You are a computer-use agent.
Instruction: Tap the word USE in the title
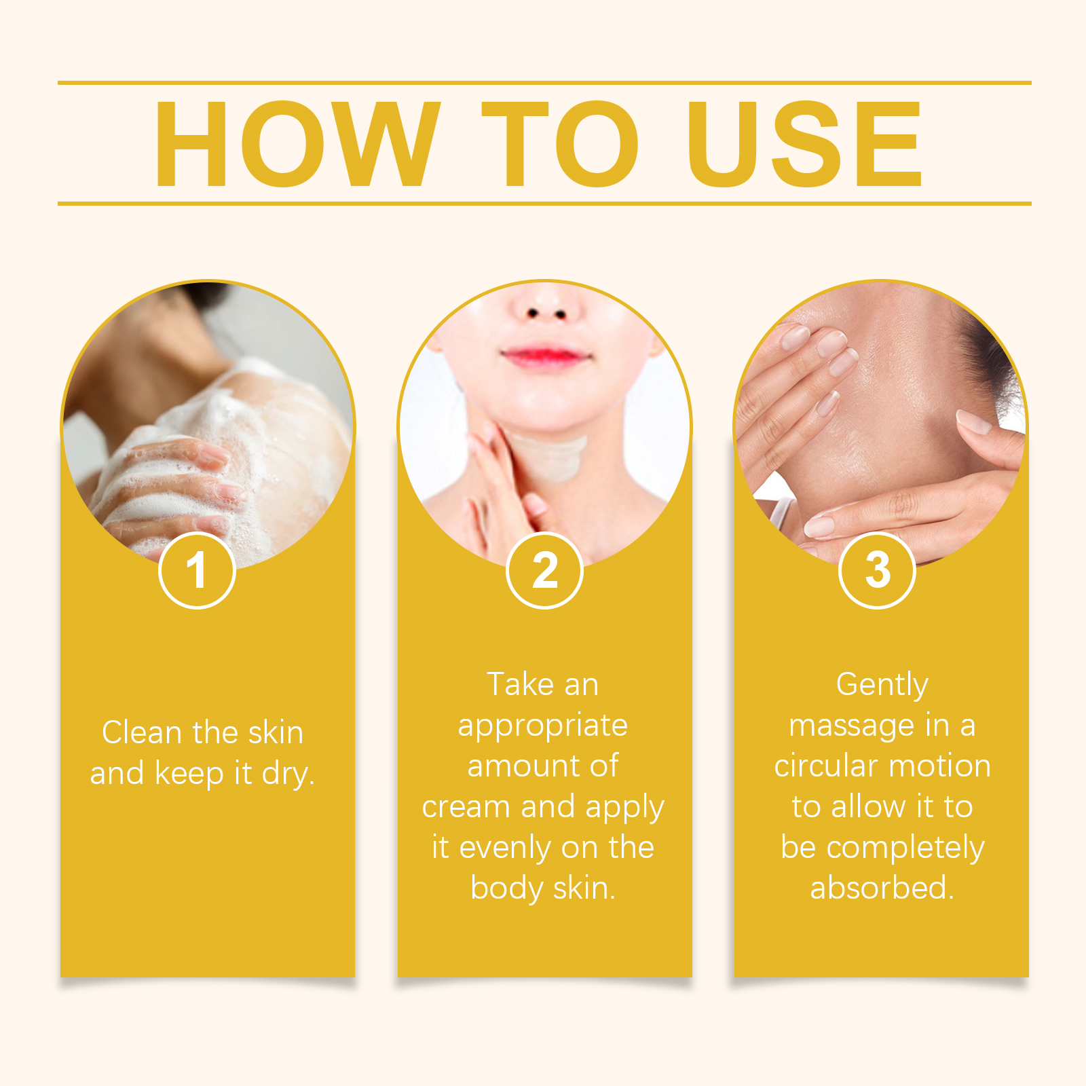805,143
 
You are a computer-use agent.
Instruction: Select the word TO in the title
560,143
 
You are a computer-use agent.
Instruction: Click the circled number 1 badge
197,570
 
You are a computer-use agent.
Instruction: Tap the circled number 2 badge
544,570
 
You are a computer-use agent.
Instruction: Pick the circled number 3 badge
877,570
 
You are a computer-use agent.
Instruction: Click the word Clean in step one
142,732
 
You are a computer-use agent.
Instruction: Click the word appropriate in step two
543,726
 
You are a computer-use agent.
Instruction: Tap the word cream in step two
466,807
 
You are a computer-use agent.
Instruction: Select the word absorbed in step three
882,888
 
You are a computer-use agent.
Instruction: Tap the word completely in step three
905,848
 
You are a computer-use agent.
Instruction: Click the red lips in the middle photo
544,356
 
